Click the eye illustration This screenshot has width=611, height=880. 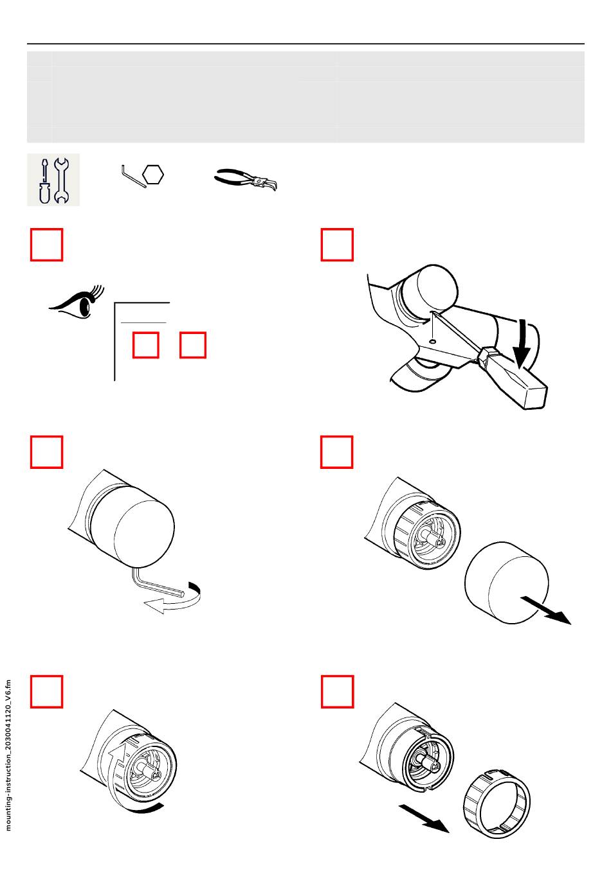[x=77, y=303]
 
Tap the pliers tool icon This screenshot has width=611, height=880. [x=246, y=180]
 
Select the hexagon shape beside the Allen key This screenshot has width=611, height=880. [x=153, y=175]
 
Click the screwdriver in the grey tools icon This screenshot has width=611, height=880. [x=44, y=181]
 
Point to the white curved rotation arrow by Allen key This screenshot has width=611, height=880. [x=173, y=601]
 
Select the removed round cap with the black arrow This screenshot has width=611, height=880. [x=506, y=583]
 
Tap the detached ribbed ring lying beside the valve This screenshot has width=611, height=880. [x=497, y=804]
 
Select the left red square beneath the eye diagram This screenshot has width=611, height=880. [x=146, y=345]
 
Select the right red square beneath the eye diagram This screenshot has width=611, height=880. [x=193, y=345]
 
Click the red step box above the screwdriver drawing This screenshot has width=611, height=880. [x=337, y=244]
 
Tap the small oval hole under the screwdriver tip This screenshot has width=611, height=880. [x=433, y=341]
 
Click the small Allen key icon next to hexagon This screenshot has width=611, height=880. [x=133, y=177]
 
